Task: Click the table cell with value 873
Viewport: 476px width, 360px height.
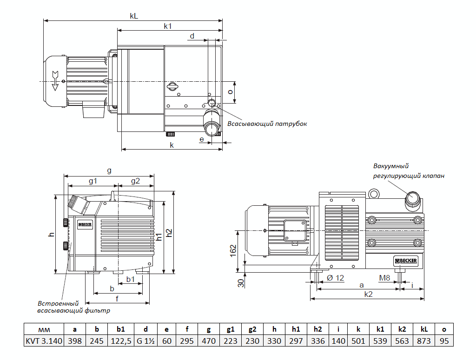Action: tap(424, 341)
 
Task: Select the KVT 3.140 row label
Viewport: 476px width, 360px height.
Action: tap(44, 341)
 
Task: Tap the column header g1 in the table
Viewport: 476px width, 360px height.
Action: tap(231, 329)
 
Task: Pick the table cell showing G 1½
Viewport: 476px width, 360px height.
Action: tap(145, 341)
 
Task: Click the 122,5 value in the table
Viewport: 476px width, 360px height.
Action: tap(120, 341)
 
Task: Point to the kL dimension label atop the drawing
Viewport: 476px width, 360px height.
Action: tap(134, 16)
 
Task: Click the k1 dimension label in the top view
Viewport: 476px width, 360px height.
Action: tap(168, 26)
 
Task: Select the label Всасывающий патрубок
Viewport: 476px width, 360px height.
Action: tap(267, 124)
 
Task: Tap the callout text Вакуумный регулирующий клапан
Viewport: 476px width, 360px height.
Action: tap(408, 171)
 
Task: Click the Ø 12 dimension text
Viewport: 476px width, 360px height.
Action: tap(335, 278)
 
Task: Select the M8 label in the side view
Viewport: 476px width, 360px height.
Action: tap(384, 278)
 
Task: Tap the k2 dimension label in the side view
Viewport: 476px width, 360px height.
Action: tap(368, 294)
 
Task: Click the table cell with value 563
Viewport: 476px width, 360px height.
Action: tap(402, 341)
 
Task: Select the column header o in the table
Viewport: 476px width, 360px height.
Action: tap(444, 329)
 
